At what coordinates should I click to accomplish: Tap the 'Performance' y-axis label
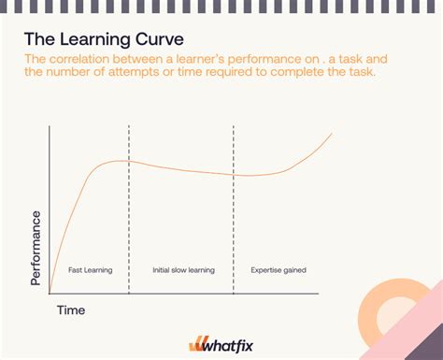tap(36, 247)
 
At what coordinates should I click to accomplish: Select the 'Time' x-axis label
tap(71, 309)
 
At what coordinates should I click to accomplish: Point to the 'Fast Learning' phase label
tap(91, 270)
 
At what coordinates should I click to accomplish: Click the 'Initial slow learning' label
tap(183, 270)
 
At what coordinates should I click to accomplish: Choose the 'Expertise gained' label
tap(279, 270)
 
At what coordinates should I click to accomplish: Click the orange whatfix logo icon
tap(197, 344)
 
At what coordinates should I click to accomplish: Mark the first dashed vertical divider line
tap(130, 206)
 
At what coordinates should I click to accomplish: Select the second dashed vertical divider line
tap(234, 206)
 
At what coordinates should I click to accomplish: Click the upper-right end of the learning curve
tap(332, 135)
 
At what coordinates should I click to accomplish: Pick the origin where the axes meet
tap(50, 292)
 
